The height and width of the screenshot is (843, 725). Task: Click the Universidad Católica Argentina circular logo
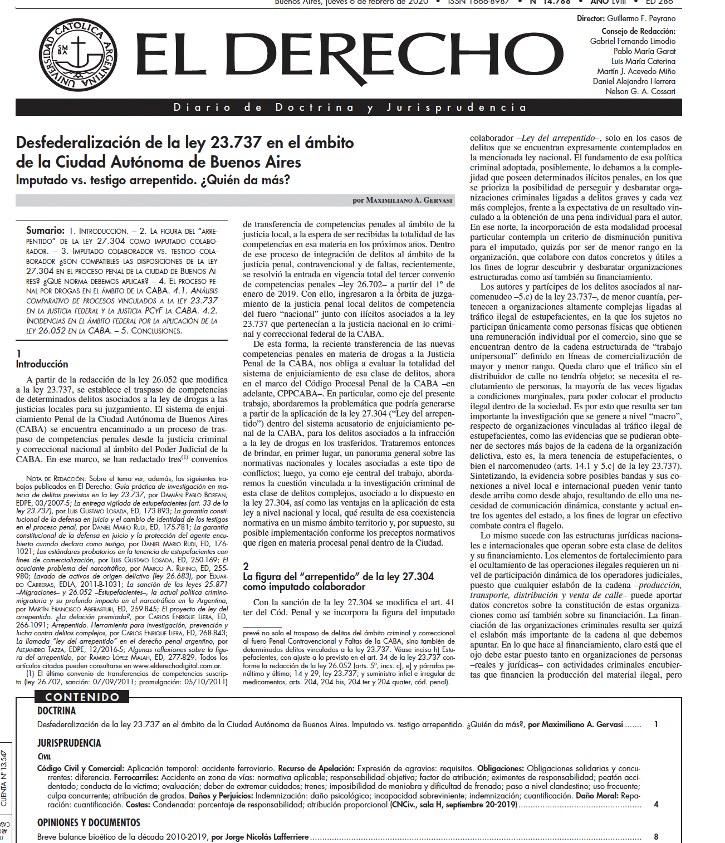coord(77,55)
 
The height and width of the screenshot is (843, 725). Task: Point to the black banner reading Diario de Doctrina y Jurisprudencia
coord(349,107)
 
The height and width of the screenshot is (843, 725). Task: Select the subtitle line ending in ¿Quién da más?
coord(153,180)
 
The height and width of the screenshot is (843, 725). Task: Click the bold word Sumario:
coord(45,230)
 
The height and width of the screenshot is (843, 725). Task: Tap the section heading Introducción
coord(42,364)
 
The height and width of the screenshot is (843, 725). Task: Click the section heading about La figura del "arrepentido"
coord(337,581)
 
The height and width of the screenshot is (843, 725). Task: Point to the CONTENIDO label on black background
coord(82,697)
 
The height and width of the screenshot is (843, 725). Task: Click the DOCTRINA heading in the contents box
coord(56,711)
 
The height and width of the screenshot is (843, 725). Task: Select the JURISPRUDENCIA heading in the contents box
coord(69,743)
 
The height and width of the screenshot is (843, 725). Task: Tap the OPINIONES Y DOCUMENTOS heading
coord(89,822)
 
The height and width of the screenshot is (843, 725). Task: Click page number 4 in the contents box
coord(657,805)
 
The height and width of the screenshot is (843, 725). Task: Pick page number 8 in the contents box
coord(657,836)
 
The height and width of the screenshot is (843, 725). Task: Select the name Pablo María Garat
coord(644,51)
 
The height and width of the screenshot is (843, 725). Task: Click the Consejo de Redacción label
coord(638,31)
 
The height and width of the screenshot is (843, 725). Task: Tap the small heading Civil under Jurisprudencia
coord(44,756)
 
